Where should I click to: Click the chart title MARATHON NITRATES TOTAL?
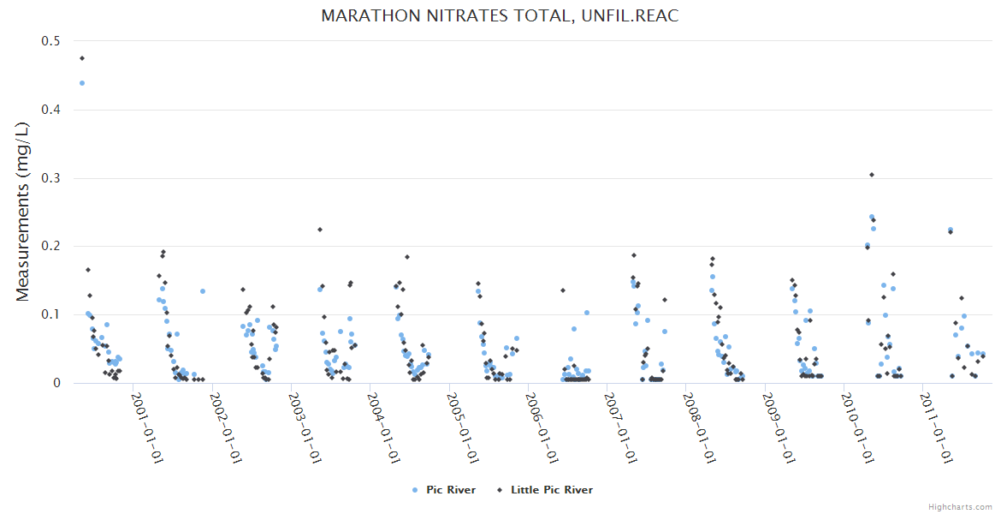(x=500, y=16)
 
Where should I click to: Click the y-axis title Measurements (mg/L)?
(x=23, y=212)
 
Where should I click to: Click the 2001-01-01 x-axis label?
(x=146, y=426)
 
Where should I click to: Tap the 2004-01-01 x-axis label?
(x=382, y=426)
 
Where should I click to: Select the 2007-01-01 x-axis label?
(x=619, y=426)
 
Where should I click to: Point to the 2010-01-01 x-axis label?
(x=856, y=426)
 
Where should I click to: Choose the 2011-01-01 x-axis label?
(x=935, y=426)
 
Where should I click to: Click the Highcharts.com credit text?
(x=960, y=506)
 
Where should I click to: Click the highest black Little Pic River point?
(x=82, y=58)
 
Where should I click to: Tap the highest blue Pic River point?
(x=82, y=83)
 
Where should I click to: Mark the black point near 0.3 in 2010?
(x=872, y=175)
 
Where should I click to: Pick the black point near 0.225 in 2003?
(x=320, y=230)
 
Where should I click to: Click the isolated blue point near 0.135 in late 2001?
(x=203, y=291)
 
